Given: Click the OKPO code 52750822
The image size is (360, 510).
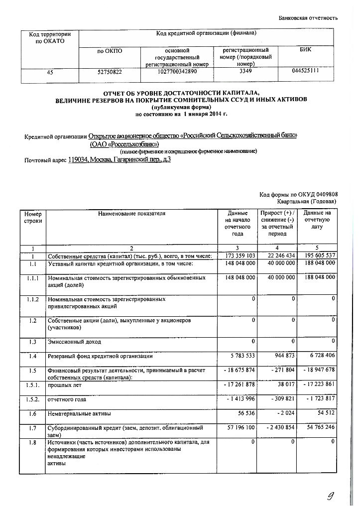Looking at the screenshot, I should point(110,72).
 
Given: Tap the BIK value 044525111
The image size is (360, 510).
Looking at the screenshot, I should point(306,71).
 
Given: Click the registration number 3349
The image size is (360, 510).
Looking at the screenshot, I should point(242,72).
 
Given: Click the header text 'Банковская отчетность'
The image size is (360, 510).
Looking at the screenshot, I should point(308,18).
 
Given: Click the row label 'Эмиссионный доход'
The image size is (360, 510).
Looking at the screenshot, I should point(74,342).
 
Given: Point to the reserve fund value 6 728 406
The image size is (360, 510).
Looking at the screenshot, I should point(320,357).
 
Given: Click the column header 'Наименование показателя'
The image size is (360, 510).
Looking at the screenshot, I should point(131,214).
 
